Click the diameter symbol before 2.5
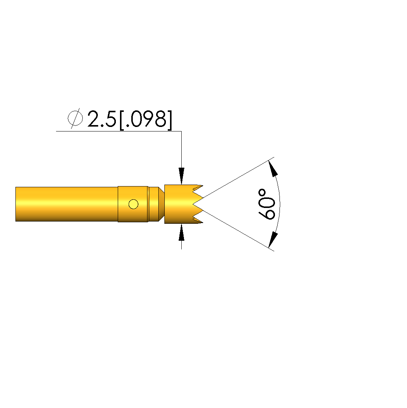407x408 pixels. tap(75, 118)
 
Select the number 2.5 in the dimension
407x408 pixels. tap(102, 119)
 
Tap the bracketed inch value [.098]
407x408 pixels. tap(146, 120)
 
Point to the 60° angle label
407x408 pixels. tap(266, 205)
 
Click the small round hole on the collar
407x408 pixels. tap(134, 204)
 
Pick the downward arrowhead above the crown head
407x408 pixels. tap(181, 176)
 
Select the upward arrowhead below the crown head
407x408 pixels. tap(181, 232)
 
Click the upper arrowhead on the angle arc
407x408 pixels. tap(273, 169)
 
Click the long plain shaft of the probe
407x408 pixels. tap(67, 204)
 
